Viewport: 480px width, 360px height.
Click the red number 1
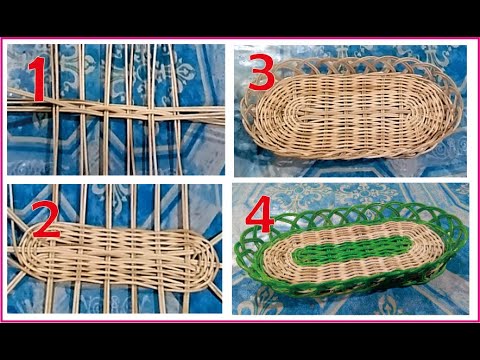click(x=36, y=80)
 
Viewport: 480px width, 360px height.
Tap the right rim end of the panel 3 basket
click(x=461, y=110)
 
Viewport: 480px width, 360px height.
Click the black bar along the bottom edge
click(x=240, y=341)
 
